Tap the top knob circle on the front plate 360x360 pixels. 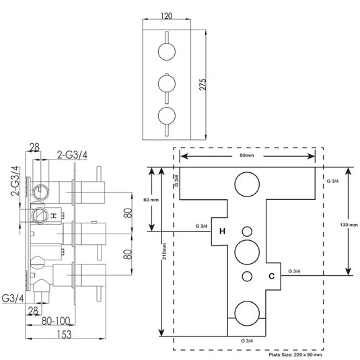[x=166, y=50]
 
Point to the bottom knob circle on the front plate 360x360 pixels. [x=166, y=114]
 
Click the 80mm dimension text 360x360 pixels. [x=246, y=156]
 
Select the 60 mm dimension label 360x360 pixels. [x=150, y=200]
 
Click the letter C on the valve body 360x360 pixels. [x=272, y=276]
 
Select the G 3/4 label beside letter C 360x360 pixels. [x=294, y=270]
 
